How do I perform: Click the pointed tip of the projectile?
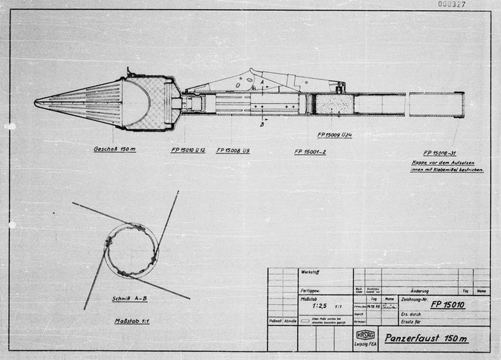tap(36, 103)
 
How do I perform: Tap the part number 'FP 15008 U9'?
tap(234, 150)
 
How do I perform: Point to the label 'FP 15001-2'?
tap(314, 151)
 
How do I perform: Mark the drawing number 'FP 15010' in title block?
tap(453, 305)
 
